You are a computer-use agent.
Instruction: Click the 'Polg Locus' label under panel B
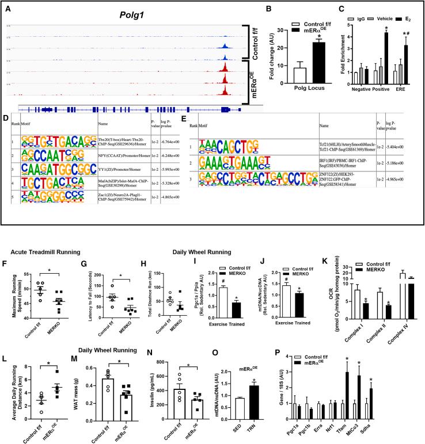[294, 93]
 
